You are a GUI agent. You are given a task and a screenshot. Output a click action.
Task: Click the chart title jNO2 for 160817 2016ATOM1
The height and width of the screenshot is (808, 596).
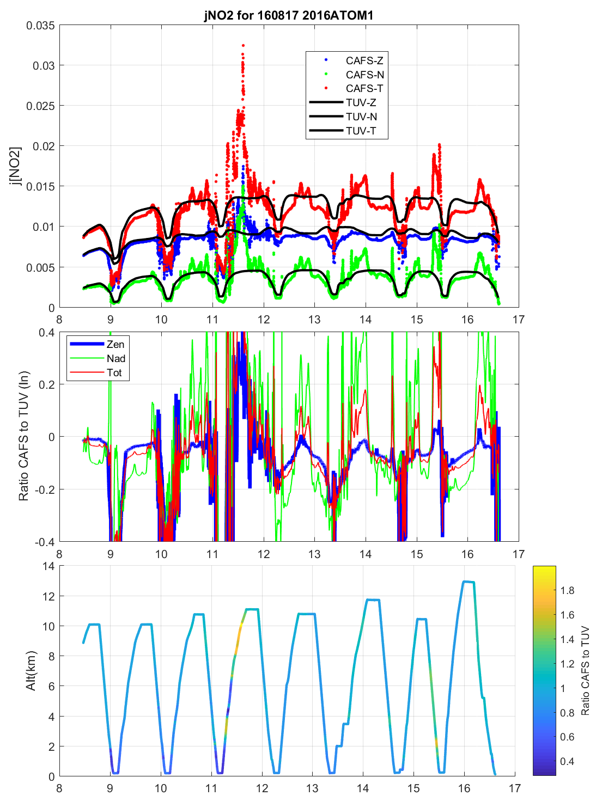click(289, 15)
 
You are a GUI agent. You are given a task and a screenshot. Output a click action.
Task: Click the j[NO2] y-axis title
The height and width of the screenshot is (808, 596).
click(15, 166)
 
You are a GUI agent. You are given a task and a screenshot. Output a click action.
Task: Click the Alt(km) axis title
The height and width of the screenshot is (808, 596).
click(31, 671)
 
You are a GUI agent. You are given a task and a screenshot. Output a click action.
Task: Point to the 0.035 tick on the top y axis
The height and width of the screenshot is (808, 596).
click(40, 25)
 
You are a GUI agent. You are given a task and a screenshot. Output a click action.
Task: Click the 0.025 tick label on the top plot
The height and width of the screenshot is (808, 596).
click(40, 106)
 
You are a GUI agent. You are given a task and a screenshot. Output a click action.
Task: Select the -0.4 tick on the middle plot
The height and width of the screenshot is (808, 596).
click(44, 542)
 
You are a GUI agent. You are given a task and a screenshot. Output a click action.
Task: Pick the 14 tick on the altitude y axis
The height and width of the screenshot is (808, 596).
click(48, 566)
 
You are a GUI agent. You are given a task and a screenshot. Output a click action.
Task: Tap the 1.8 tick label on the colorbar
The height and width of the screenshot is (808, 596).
click(567, 590)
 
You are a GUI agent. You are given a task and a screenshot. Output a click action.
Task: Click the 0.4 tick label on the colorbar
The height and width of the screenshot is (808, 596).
click(567, 761)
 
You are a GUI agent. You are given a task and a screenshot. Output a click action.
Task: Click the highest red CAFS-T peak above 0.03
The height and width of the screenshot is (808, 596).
click(243, 46)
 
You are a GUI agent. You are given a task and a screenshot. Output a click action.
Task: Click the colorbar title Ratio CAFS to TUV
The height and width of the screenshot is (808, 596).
click(586, 671)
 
